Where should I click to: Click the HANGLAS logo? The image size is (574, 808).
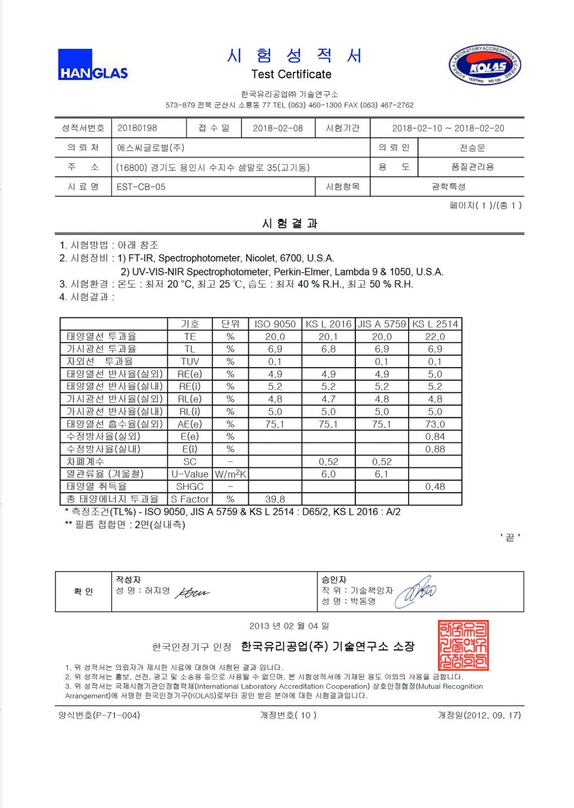click(92, 65)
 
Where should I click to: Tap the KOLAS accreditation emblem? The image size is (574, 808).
click(484, 65)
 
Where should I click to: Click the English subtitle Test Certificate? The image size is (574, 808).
click(291, 74)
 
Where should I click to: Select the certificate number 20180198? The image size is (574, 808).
click(137, 128)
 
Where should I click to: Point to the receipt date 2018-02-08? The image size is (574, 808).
click(278, 128)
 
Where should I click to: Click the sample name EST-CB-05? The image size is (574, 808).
click(141, 187)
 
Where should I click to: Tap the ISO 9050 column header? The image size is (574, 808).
click(275, 324)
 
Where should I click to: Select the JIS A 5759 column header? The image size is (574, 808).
click(382, 324)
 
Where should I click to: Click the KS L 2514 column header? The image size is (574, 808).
click(435, 324)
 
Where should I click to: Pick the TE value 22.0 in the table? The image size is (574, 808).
click(435, 337)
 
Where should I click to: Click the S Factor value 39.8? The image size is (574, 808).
click(275, 499)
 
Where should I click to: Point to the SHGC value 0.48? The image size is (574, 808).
click(435, 486)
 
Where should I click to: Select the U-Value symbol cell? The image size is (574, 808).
click(190, 474)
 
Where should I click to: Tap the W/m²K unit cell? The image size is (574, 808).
click(230, 474)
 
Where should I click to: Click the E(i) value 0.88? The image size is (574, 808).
click(435, 449)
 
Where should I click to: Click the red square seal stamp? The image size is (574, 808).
click(463, 645)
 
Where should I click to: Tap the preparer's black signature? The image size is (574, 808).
click(192, 592)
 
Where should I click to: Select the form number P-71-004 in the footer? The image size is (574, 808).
click(99, 715)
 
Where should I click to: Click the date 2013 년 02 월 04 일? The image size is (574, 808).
click(289, 625)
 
